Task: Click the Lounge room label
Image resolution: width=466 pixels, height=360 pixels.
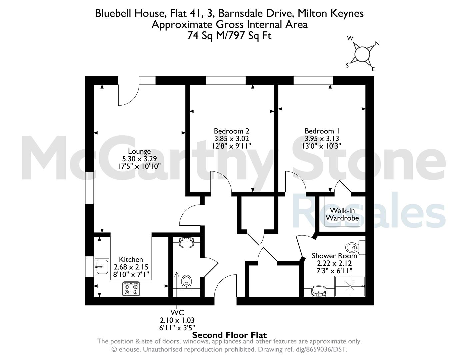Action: pos(139,151)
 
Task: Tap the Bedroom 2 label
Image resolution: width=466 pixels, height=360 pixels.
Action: pos(231,131)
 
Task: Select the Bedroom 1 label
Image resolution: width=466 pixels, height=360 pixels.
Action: pos(322,131)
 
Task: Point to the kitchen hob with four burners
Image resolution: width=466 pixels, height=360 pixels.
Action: pos(131,289)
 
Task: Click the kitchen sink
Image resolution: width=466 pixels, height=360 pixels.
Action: pos(102,267)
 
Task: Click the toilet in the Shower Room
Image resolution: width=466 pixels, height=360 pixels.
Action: pos(355,248)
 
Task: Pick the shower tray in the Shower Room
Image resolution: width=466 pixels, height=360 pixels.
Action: pos(350,286)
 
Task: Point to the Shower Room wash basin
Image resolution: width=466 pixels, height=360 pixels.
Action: pos(319,291)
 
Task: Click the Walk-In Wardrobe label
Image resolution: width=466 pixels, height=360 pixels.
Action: pos(342,214)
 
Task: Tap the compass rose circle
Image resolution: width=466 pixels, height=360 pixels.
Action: pos(362,54)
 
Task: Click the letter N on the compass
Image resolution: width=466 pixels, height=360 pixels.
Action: pos(377,44)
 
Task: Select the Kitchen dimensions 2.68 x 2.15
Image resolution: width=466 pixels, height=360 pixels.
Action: pos(131,267)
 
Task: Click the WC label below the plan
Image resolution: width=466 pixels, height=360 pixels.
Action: pos(177,312)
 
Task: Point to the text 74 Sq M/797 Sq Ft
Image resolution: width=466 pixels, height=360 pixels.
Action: pos(229,36)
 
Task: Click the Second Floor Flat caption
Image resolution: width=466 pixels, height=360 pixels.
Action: pos(229,335)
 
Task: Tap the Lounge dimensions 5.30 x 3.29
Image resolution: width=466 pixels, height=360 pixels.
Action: pos(139,159)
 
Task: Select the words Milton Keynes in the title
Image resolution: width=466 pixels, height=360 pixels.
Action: pos(331,14)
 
